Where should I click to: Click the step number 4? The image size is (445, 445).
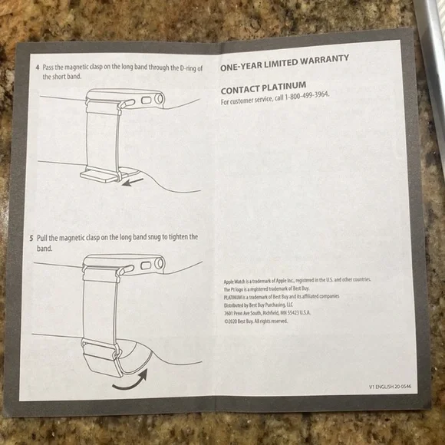38,68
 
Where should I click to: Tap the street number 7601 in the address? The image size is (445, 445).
230,313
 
